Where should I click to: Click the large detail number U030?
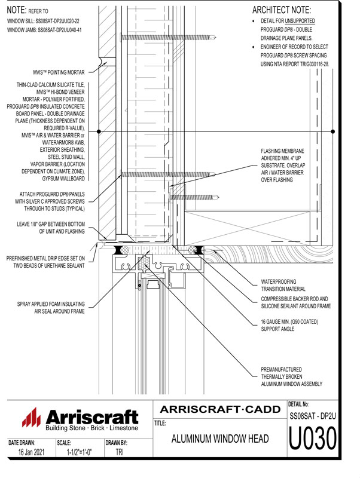(x=313, y=439)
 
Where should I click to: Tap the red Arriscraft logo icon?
(x=31, y=417)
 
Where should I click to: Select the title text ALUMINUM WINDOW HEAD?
(x=220, y=439)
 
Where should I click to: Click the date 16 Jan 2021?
(x=31, y=452)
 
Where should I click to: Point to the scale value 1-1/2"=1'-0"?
(x=80, y=452)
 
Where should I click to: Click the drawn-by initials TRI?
(x=120, y=452)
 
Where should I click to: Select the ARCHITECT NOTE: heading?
(x=281, y=10)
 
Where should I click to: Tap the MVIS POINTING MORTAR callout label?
(x=59, y=72)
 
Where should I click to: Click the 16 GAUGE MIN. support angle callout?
(x=289, y=325)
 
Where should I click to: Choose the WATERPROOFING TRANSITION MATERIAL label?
(x=283, y=286)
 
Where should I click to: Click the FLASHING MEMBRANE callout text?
(x=283, y=166)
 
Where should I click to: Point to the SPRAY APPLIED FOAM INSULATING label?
(x=51, y=308)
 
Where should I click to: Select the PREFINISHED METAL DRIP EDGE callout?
(x=45, y=262)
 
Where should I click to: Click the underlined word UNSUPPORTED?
(x=300, y=21)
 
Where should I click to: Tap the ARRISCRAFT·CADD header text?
(x=220, y=409)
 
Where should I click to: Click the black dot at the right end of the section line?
(x=333, y=131)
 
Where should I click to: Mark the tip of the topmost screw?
(x=216, y=38)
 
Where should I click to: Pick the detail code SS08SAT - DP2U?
(x=313, y=416)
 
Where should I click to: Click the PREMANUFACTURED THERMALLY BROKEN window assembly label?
(x=291, y=377)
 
